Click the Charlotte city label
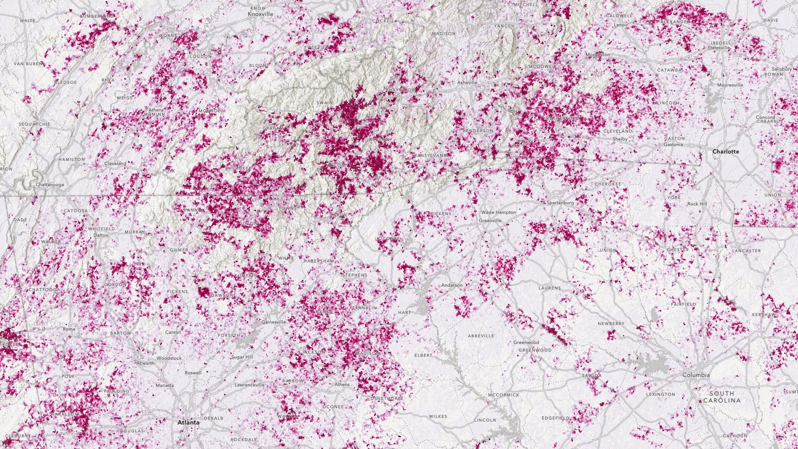click(726, 152)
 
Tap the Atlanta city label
click(188, 422)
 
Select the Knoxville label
click(260, 14)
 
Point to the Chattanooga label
click(50, 185)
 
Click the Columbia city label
click(696, 375)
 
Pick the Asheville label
click(467, 83)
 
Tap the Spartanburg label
click(560, 203)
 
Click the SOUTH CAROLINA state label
click(722, 397)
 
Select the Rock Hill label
click(697, 204)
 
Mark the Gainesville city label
click(273, 322)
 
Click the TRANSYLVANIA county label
click(430, 155)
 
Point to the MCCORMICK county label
click(504, 395)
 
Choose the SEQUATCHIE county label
click(34, 124)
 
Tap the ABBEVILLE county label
click(481, 336)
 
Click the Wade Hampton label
click(498, 212)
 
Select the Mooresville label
click(730, 85)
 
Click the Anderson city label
click(452, 286)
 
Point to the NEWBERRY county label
click(611, 324)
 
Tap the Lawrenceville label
click(249, 385)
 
